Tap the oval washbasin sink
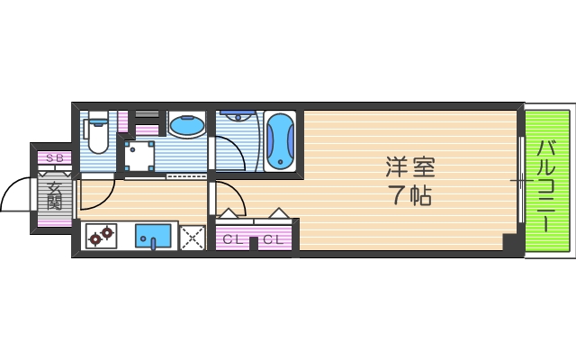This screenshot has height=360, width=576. pos(186,125)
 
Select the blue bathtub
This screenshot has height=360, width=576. pos(280,140)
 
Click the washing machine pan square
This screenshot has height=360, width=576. pos(140,157)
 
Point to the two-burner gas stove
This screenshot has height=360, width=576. pos(101,236)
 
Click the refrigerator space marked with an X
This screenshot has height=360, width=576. pos(193,238)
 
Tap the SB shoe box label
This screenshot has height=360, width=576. pos(54,159)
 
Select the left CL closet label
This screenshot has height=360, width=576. pos(233,239)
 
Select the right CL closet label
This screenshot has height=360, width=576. pos(274,239)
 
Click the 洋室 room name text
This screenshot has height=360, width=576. pos(410,167)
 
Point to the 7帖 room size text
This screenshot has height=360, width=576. pos(410,194)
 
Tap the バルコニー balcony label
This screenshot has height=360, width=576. pos(546,185)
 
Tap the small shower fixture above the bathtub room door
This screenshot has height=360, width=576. pos(236,116)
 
